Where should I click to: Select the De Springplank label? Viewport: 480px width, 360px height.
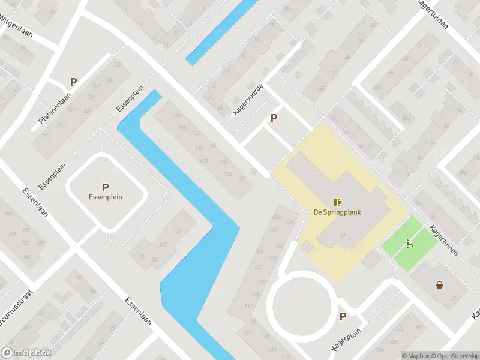pyautogui.click(x=337, y=212)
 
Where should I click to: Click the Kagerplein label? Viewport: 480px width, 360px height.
pyautogui.click(x=353, y=332)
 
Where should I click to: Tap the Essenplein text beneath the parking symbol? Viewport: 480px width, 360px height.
pyautogui.click(x=105, y=196)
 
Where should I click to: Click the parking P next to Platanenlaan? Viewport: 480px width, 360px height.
pyautogui.click(x=74, y=82)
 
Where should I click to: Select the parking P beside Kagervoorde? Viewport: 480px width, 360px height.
pyautogui.click(x=274, y=118)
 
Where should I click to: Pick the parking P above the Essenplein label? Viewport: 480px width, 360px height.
pyautogui.click(x=105, y=187)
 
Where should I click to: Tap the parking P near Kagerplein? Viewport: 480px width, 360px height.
pyautogui.click(x=343, y=317)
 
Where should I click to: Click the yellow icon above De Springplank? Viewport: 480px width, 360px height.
pyautogui.click(x=337, y=202)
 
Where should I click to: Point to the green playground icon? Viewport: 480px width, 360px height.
pyautogui.click(x=410, y=243)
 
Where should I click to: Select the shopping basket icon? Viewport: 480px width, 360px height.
pyautogui.click(x=440, y=284)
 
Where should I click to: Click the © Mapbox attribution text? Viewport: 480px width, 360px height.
pyautogui.click(x=415, y=355)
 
